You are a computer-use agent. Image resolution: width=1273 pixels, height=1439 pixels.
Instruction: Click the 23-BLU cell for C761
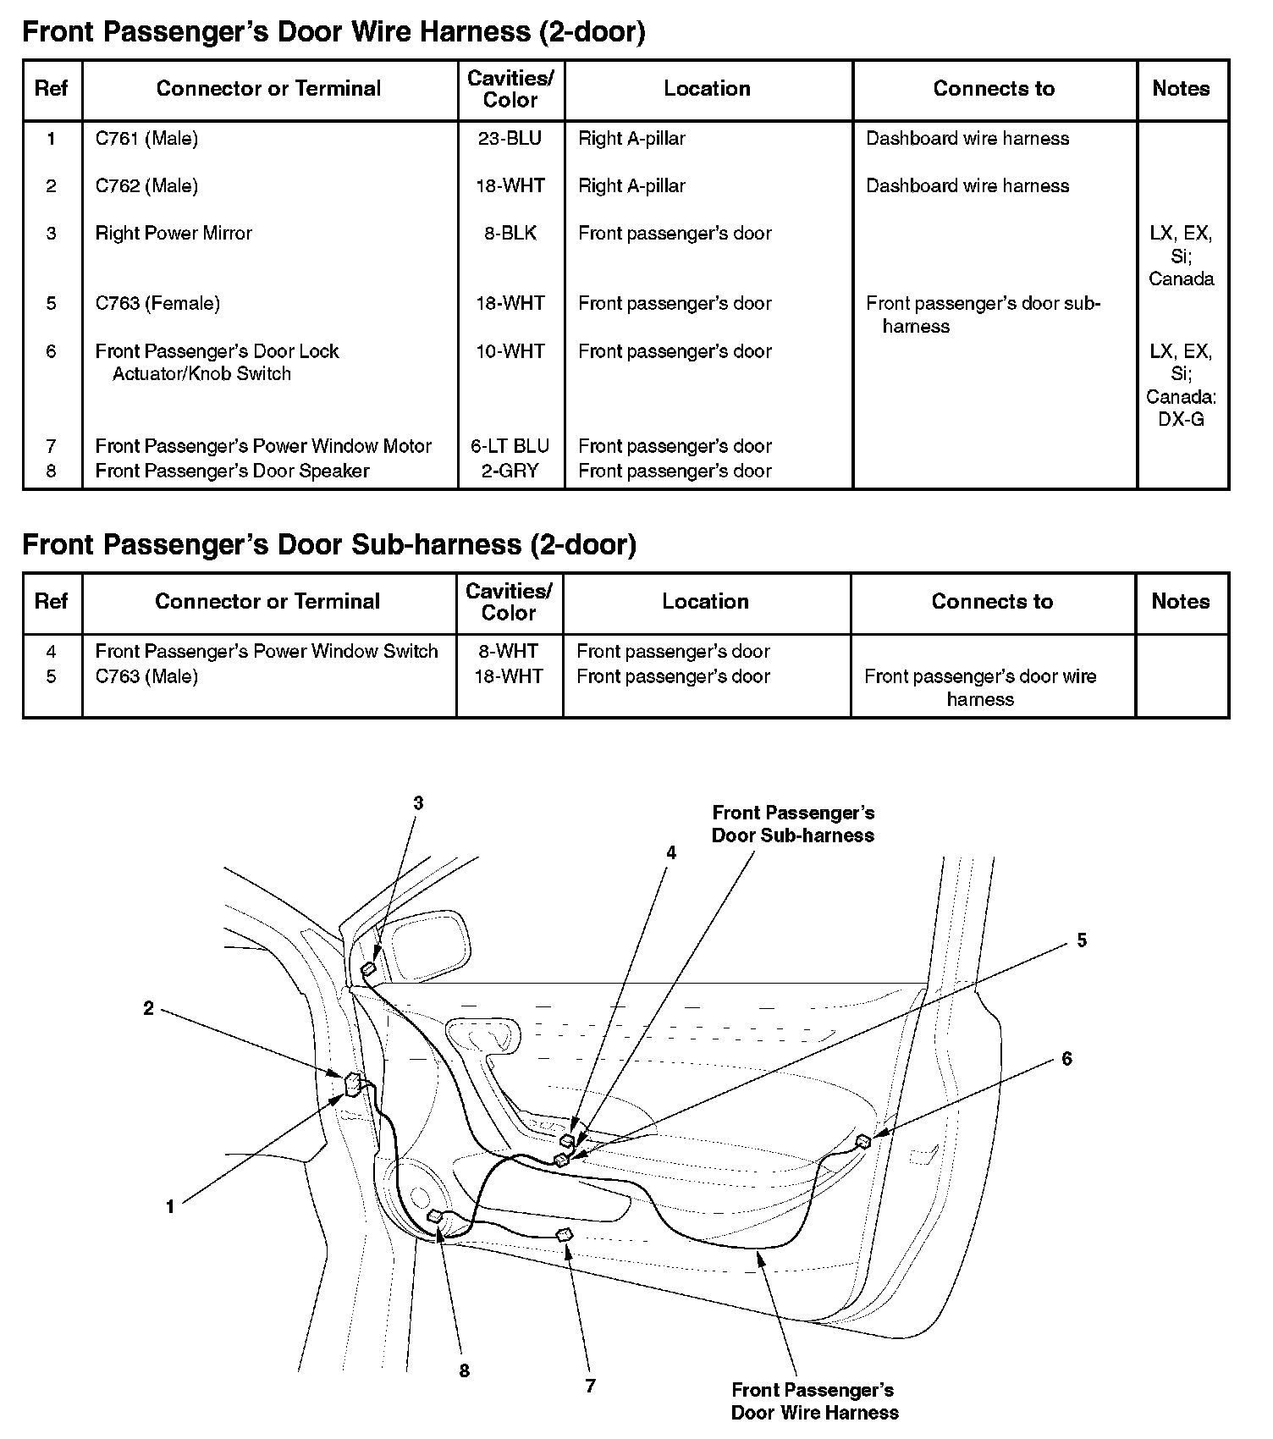click(x=510, y=138)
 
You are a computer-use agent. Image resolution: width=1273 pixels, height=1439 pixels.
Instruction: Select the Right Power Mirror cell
click(x=174, y=233)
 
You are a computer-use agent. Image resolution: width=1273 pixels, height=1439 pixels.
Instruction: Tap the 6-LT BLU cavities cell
click(x=510, y=446)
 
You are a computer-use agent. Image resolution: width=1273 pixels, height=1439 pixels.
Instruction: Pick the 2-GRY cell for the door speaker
click(x=510, y=471)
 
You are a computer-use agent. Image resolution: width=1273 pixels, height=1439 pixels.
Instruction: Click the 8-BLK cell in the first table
click(x=510, y=233)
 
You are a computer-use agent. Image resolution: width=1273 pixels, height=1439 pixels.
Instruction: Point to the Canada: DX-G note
click(x=1181, y=407)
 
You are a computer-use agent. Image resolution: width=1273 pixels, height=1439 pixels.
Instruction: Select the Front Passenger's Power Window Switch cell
click(x=267, y=651)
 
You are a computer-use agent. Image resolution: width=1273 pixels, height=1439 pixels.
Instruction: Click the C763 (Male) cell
click(x=146, y=676)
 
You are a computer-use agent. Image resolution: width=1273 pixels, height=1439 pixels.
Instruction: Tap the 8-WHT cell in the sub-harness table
click(x=508, y=651)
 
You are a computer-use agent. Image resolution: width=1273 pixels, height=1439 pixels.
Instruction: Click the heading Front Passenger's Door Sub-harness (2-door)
click(x=329, y=544)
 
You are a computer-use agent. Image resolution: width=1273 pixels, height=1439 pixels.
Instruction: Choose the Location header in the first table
click(x=707, y=89)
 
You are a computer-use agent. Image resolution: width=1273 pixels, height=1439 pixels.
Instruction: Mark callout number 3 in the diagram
click(x=418, y=803)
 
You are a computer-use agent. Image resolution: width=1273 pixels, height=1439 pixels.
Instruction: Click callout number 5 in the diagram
click(x=1082, y=940)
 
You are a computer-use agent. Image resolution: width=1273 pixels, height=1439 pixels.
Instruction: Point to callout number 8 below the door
click(x=464, y=1370)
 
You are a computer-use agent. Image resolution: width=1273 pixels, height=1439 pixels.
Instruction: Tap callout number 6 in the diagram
click(x=1066, y=1059)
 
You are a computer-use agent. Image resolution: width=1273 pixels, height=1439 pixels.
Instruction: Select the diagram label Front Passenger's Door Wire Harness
click(x=814, y=1401)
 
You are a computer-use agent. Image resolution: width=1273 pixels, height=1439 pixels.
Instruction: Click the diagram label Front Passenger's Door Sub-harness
click(x=793, y=824)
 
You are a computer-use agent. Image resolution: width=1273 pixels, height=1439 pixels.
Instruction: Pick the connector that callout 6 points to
click(x=863, y=1141)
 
